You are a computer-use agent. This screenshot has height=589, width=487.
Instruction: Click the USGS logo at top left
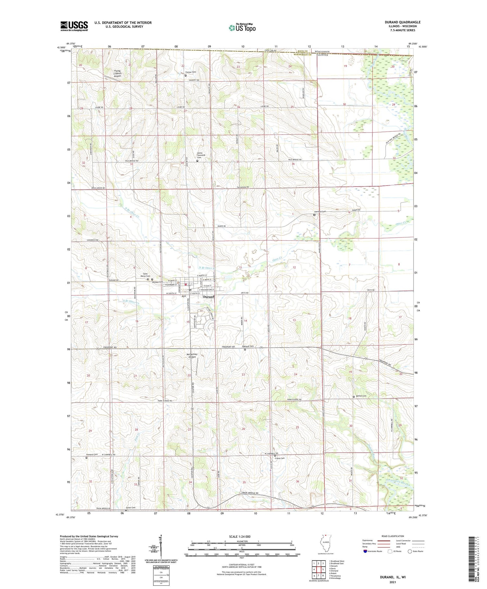tap(74, 26)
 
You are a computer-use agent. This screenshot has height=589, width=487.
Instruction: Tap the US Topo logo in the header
tap(242, 28)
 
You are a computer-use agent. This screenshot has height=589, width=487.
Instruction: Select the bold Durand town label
tap(208, 297)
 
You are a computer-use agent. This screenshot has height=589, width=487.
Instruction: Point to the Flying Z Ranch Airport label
tap(117, 73)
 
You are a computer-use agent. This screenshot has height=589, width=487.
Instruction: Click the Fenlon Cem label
tap(191, 72)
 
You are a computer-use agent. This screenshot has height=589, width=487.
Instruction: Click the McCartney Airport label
tap(192, 355)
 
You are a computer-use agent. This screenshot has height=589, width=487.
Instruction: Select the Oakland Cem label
tap(248, 346)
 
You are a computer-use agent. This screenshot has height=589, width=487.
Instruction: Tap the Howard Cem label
tap(92, 455)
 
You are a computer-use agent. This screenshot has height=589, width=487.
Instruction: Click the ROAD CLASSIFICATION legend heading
tap(393, 536)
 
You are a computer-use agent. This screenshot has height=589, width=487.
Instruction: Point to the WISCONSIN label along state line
tap(322, 52)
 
